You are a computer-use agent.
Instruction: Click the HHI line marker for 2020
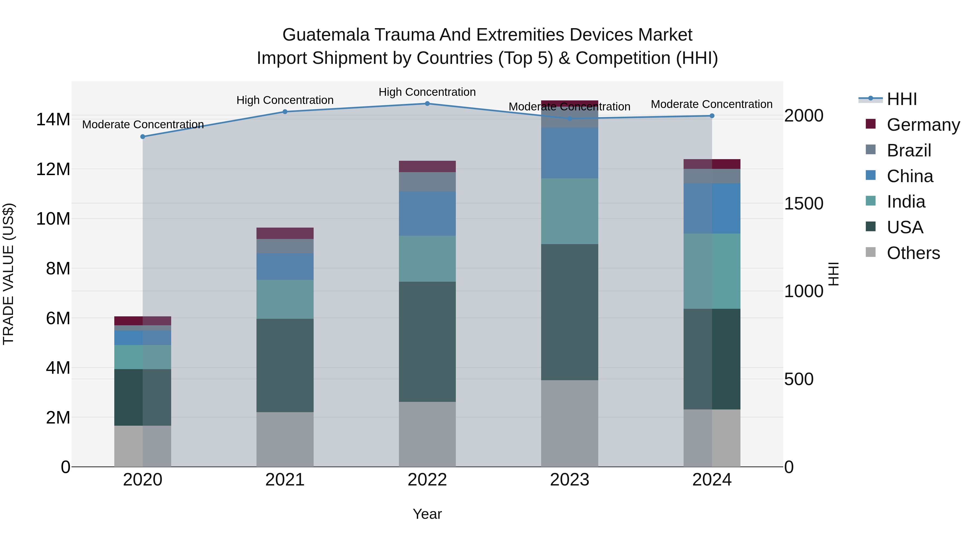point(143,137)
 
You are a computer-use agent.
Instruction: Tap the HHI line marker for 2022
point(427,104)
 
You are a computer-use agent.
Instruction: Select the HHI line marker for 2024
point(712,116)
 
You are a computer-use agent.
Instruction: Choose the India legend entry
point(906,202)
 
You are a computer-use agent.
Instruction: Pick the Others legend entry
point(913,253)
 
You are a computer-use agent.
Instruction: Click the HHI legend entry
point(902,99)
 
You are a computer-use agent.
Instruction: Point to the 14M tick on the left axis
point(53,120)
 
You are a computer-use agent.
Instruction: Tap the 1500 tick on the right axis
point(803,204)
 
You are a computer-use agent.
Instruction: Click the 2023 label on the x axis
point(569,480)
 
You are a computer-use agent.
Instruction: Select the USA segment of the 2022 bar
point(427,342)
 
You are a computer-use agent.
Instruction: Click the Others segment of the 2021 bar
point(285,439)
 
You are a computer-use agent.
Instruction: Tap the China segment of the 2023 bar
point(569,153)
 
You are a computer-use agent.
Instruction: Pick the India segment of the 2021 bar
point(285,299)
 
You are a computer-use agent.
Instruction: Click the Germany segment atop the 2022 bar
point(427,166)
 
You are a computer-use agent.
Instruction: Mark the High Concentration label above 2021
point(285,100)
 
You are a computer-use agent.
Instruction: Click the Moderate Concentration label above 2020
point(143,124)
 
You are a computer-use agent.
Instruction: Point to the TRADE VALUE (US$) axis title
point(8,274)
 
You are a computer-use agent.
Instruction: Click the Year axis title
point(427,514)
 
